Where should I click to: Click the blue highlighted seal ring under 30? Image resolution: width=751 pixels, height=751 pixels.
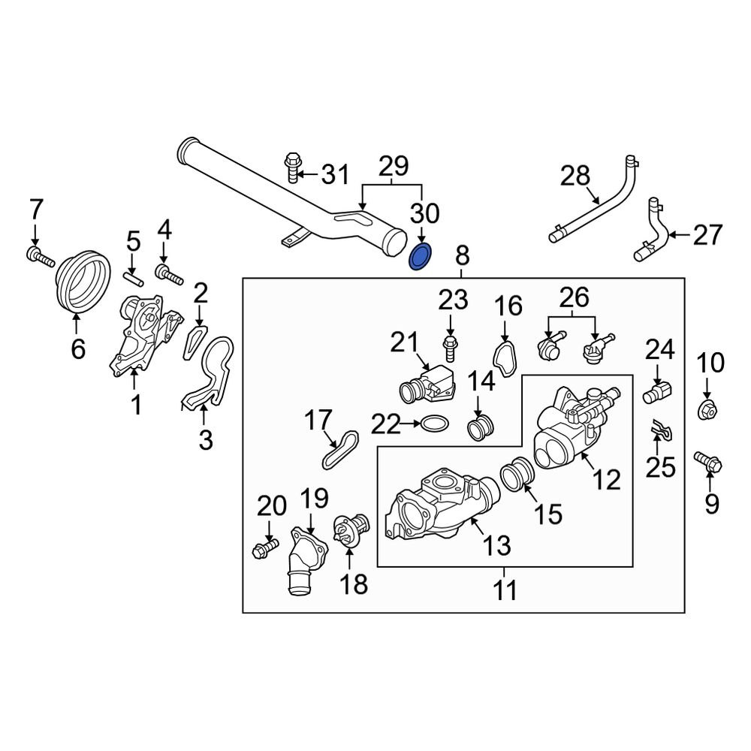pyautogui.click(x=420, y=257)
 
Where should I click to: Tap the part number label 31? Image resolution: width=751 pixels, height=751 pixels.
pyautogui.click(x=335, y=175)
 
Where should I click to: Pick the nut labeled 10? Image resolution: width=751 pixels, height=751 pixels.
pyautogui.click(x=707, y=410)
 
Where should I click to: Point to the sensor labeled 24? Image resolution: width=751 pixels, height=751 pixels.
pyautogui.click(x=658, y=391)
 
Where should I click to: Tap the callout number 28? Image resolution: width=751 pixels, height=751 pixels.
pyautogui.click(x=576, y=177)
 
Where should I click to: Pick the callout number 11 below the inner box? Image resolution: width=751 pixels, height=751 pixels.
pyautogui.click(x=505, y=590)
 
